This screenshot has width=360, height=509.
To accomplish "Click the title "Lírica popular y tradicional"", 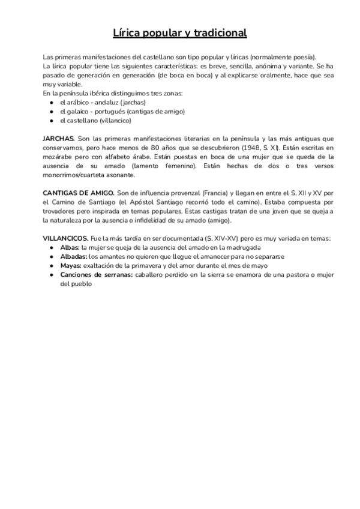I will [x=180, y=32].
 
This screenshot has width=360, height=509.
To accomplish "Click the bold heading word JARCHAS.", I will [x=59, y=137].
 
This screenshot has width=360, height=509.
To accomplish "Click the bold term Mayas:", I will [x=71, y=265].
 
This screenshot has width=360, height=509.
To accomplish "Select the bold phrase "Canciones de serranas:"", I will [x=97, y=274].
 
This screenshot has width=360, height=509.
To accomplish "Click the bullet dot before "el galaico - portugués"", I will [x=53, y=112].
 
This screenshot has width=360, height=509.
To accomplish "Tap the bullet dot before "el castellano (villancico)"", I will [x=53, y=121].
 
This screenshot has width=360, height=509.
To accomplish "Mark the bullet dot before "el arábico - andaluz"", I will [x=53, y=103].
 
